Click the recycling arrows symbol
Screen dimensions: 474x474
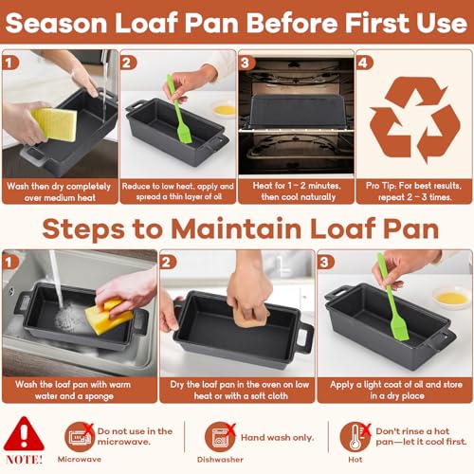414,119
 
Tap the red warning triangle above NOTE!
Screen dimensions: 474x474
24,433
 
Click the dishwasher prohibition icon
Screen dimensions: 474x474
220,437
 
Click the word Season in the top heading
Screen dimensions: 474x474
56,23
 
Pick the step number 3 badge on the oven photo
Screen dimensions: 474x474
246,63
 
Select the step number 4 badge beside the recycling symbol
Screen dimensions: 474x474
364,63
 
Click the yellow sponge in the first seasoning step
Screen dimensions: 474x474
55,124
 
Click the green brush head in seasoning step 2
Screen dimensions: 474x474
184,131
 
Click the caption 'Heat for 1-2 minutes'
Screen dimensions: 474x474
297,186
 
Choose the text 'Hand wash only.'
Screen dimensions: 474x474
277,438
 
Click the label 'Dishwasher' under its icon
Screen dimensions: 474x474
220,460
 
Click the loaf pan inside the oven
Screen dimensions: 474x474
296,111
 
